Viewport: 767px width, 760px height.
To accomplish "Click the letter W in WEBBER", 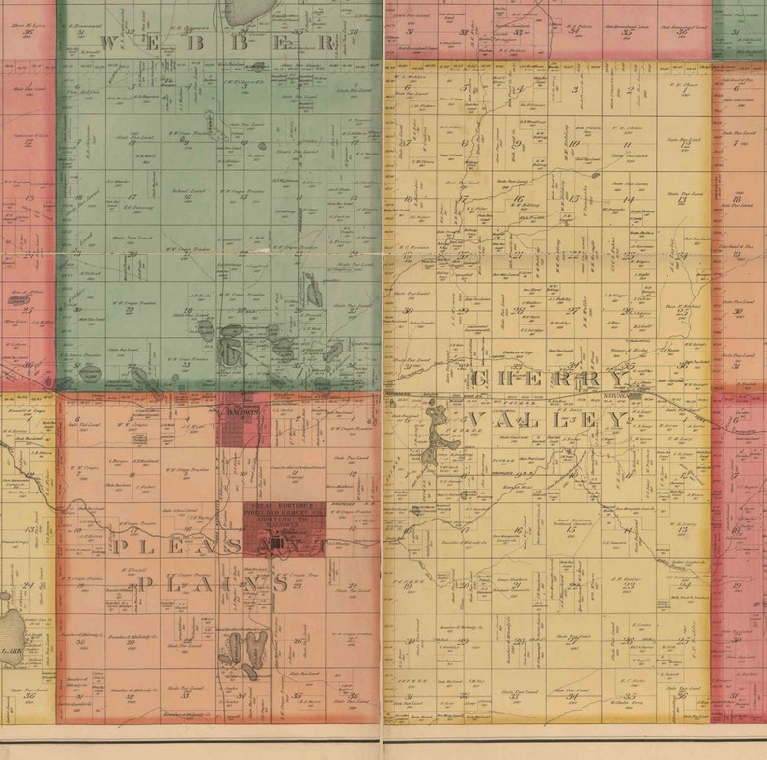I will [108, 42].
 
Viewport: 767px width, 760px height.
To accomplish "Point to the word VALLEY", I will [548, 420].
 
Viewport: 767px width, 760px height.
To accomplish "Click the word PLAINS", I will [213, 584].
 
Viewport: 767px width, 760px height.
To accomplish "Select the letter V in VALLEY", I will [475, 420].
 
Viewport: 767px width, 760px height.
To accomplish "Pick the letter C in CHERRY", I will [480, 380].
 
